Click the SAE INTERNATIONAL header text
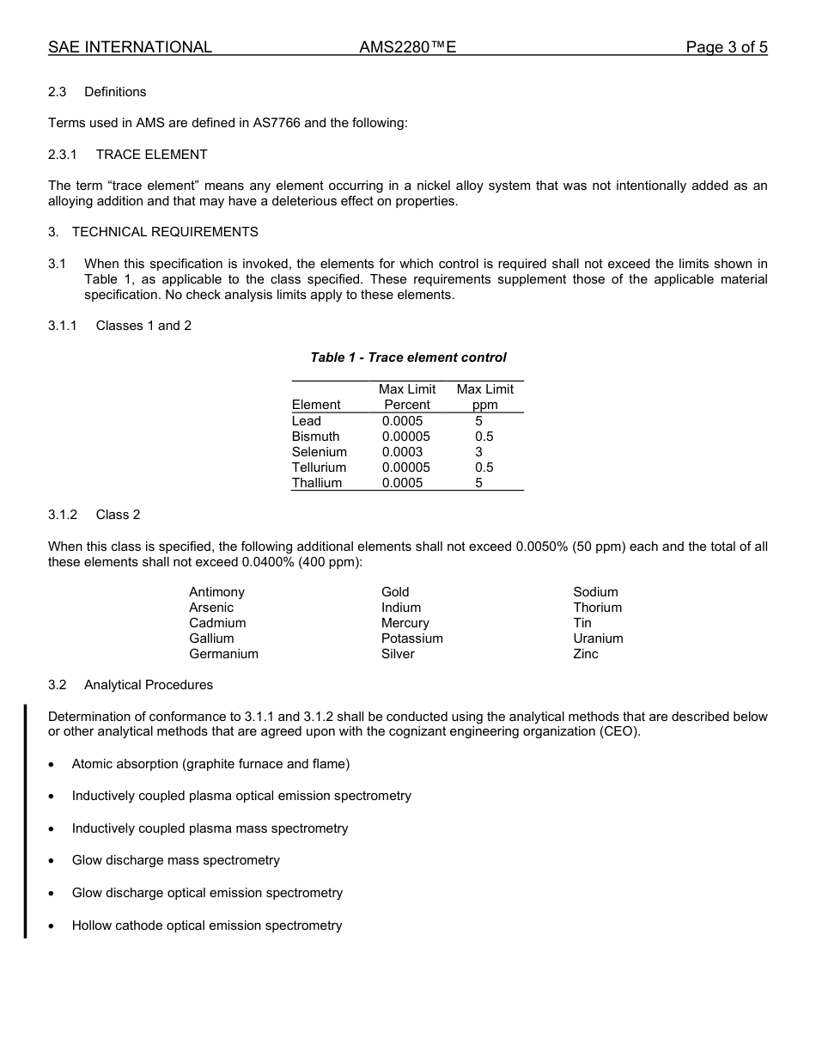tap(130, 47)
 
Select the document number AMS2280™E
tap(407, 47)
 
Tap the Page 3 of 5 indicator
tap(726, 47)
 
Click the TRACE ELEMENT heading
tap(151, 155)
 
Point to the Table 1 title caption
tap(408, 357)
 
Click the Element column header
tap(316, 405)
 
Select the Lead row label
tap(307, 421)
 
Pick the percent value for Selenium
tap(402, 452)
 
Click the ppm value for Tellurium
tap(484, 467)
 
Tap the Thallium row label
tap(317, 483)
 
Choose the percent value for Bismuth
tap(405, 437)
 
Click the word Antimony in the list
tap(216, 592)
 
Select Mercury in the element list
tap(405, 623)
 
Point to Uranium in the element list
tap(598, 638)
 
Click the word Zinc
tap(586, 654)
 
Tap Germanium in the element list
tap(223, 654)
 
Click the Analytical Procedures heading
tap(149, 685)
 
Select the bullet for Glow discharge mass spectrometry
tap(54, 861)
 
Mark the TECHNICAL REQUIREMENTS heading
tap(165, 232)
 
